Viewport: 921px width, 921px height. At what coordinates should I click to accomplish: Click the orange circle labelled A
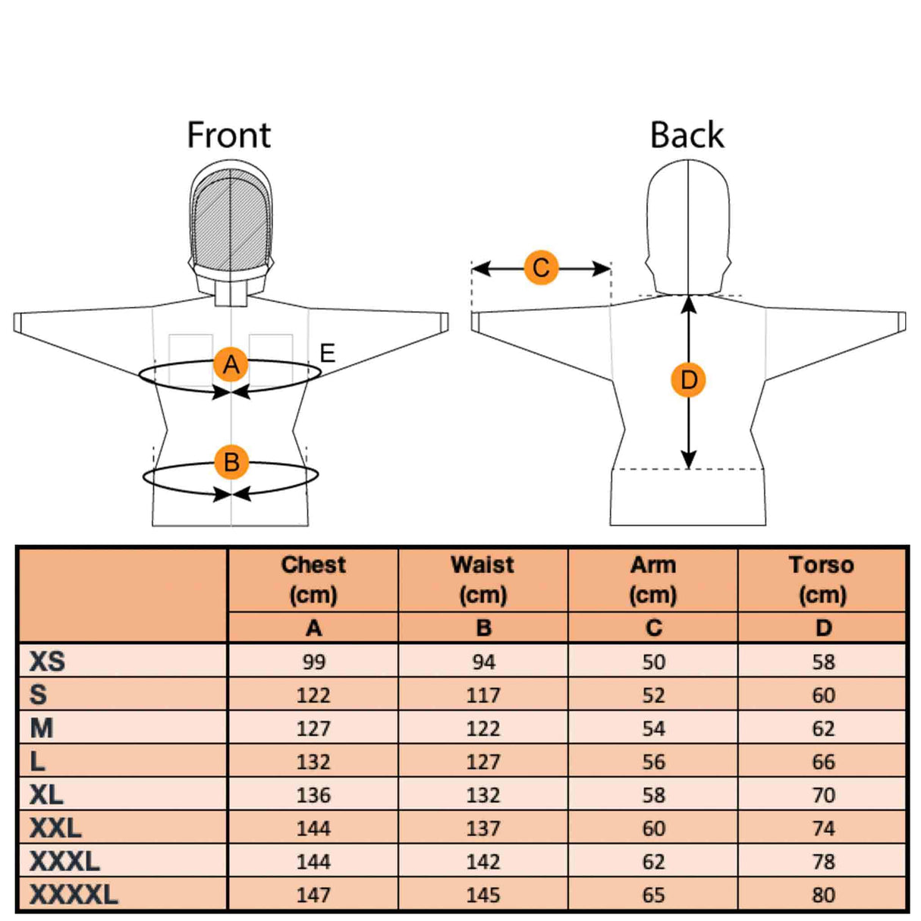[x=231, y=365]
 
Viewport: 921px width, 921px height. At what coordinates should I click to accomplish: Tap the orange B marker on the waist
[x=231, y=462]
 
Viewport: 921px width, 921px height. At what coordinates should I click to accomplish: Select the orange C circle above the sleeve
[x=541, y=268]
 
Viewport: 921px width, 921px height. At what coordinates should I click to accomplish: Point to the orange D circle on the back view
[x=688, y=380]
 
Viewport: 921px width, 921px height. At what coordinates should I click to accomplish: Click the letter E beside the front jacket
[x=327, y=353]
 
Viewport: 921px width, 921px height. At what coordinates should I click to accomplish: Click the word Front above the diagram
[x=228, y=136]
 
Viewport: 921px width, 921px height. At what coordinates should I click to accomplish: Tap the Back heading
[x=687, y=136]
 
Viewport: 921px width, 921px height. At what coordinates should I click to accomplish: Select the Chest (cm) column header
[x=313, y=580]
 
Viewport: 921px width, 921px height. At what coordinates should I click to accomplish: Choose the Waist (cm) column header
[x=483, y=580]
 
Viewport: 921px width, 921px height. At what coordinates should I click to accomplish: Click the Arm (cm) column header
[x=652, y=580]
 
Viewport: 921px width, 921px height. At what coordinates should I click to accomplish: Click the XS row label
[x=47, y=662]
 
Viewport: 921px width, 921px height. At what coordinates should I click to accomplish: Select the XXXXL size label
[x=74, y=894]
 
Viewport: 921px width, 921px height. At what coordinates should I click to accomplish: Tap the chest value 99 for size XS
[x=313, y=662]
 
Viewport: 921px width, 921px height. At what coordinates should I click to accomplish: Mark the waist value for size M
[x=483, y=728]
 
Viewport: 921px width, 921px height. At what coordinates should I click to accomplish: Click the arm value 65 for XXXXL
[x=653, y=895]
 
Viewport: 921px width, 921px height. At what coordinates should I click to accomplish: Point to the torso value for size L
[x=823, y=762]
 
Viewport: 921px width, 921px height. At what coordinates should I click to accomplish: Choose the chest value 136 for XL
[x=313, y=795]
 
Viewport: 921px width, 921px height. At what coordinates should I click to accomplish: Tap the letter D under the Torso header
[x=823, y=628]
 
